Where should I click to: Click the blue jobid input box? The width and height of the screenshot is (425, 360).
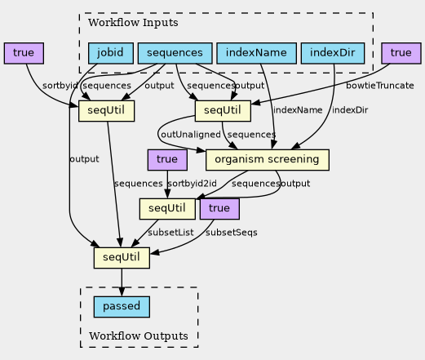pos(111,53)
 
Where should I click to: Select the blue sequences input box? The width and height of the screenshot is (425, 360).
pos(175,53)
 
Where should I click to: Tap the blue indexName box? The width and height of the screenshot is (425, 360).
pos(256,53)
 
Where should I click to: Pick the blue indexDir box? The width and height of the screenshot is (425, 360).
pos(333,53)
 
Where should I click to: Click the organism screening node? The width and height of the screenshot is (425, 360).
pos(268,160)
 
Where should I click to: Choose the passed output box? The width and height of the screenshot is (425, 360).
pos(122,307)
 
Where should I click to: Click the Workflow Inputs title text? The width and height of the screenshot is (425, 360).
pos(133,22)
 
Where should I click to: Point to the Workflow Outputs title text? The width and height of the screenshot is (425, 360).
pos(139,336)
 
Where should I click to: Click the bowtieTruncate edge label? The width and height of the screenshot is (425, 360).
pos(380,86)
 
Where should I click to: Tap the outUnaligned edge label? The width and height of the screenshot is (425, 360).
pos(191,135)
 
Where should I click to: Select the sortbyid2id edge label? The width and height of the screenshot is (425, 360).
pos(193,184)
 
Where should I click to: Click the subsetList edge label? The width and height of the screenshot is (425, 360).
pos(170,233)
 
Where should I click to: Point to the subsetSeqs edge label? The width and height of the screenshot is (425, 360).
pos(232,233)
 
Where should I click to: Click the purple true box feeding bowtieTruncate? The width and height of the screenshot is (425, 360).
pos(401,53)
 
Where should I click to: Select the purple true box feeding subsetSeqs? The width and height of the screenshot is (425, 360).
pos(219,209)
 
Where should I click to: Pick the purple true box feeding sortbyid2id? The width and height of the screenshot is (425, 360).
pos(167,160)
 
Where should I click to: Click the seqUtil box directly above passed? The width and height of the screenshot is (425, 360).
pos(122,258)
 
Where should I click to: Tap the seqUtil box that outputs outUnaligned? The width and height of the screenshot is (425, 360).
pos(223,111)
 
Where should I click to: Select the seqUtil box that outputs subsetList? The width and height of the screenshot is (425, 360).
pos(167,209)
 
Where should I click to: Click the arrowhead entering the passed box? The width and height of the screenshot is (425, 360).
pos(122,292)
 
